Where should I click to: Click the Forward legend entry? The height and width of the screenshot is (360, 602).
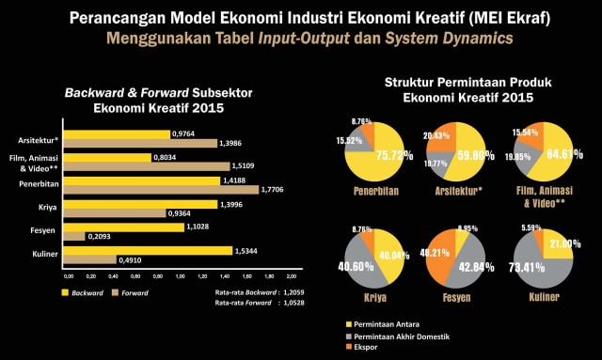coord(133,292)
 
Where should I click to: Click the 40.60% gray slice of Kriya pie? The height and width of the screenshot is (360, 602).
coord(360,268)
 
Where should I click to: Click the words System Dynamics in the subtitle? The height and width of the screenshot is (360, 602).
coord(460,39)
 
